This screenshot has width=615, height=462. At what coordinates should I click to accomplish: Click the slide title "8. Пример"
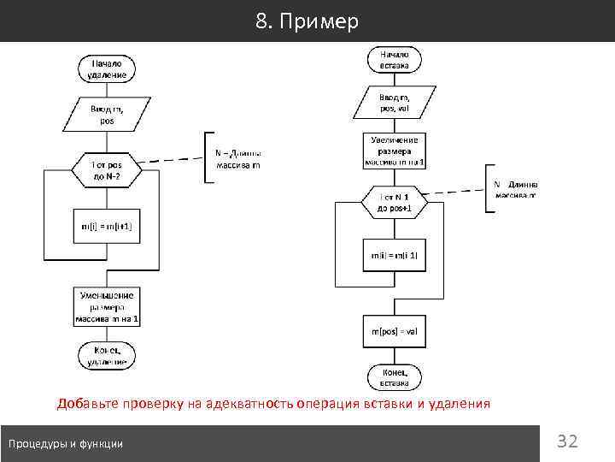[x=307, y=21]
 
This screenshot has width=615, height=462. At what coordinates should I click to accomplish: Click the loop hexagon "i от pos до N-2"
[x=107, y=171]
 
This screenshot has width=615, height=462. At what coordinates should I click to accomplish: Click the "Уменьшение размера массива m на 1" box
[x=107, y=306]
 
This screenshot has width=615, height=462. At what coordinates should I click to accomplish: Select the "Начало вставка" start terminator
[x=395, y=59]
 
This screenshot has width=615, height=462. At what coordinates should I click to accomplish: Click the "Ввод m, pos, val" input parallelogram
[x=395, y=104]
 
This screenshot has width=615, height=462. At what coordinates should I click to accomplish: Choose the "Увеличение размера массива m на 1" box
[x=395, y=151]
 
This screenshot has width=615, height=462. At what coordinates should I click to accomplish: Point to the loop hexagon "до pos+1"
[x=395, y=202]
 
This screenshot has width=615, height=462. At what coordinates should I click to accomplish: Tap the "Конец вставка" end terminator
[x=395, y=376]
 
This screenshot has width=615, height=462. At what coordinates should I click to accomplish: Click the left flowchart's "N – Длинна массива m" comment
[x=238, y=159]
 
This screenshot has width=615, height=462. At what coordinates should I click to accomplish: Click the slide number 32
[x=567, y=441]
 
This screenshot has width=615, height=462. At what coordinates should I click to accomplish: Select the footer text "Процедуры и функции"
[x=66, y=443]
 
